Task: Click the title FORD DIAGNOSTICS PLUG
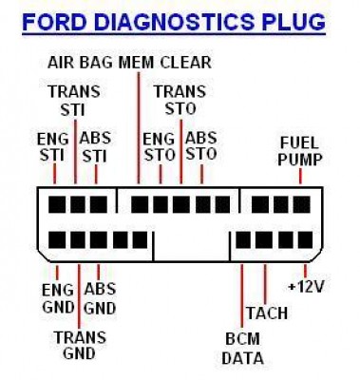[174, 22]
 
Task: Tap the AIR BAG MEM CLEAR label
[129, 63]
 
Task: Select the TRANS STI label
[74, 101]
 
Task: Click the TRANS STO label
[180, 100]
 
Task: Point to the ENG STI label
[53, 147]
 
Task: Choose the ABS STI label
[95, 147]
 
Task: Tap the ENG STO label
[159, 147]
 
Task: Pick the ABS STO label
[201, 145]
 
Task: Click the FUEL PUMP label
[299, 151]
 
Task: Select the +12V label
[306, 287]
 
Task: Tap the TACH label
[267, 313]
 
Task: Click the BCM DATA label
[242, 349]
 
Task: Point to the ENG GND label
[58, 298]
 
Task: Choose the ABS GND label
[100, 298]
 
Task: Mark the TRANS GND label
[80, 345]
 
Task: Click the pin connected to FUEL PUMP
[301, 204]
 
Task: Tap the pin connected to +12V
[306, 240]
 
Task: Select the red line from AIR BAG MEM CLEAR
[139, 128]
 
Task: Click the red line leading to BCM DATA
[242, 295]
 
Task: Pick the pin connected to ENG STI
[57, 204]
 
